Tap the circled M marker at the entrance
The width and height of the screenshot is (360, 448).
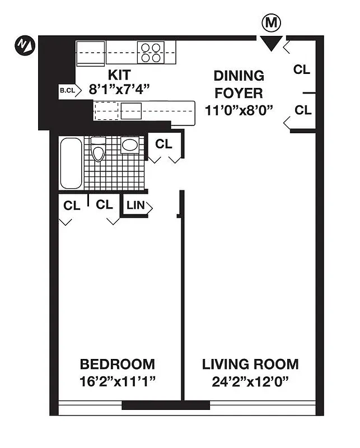[x=272, y=24]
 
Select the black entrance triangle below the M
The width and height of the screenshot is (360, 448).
[x=272, y=43]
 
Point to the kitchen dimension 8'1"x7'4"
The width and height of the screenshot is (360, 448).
[x=119, y=89]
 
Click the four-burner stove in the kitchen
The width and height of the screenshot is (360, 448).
[x=150, y=52]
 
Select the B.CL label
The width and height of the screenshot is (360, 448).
[x=67, y=90]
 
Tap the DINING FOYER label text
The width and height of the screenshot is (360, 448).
[x=239, y=84]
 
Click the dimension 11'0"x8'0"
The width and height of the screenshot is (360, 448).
[x=239, y=109]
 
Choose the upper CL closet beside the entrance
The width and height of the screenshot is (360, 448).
[x=302, y=69]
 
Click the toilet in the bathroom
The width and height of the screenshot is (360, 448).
[x=99, y=150]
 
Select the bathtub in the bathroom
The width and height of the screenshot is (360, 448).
[x=71, y=163]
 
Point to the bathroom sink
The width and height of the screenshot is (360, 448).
[x=130, y=145]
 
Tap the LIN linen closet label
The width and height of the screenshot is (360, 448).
[x=135, y=206]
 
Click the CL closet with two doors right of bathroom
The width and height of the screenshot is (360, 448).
[x=163, y=144]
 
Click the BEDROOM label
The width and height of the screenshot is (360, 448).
[x=117, y=365]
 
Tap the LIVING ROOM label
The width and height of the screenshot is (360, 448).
[x=250, y=365]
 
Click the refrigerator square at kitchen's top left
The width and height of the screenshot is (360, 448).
[x=91, y=52]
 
